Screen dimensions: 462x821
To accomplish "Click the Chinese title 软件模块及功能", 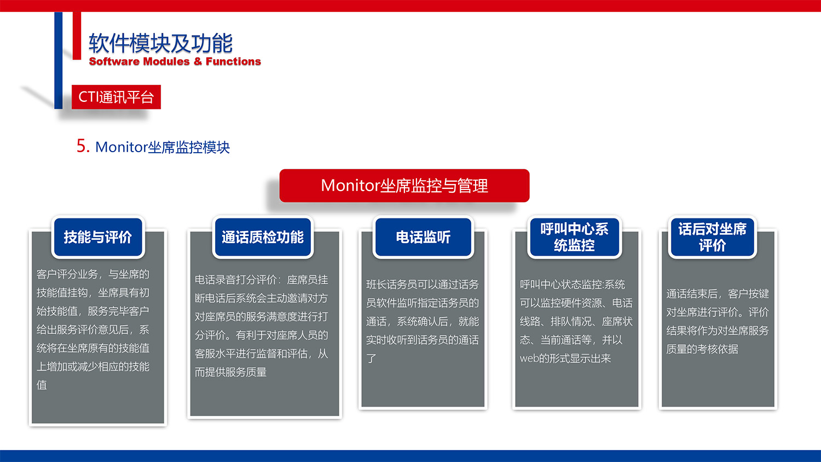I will [160, 43].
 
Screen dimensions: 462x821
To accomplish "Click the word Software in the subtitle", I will [114, 61].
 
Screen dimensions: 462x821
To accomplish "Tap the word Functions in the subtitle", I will [233, 61].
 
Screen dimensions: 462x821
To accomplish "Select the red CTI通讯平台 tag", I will [116, 97].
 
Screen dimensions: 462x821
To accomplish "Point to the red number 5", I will [83, 146].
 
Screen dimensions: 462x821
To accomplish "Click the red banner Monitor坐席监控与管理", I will [404, 186].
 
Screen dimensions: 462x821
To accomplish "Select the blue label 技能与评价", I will [97, 237].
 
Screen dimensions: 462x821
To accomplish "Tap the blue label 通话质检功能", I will [262, 237].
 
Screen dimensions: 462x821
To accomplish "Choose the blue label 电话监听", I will [423, 237].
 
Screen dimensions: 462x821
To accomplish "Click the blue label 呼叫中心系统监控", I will [574, 237].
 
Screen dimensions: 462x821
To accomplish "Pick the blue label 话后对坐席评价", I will [712, 237].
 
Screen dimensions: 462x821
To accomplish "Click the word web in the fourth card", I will [529, 359].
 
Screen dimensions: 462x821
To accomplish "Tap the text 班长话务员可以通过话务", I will [422, 285].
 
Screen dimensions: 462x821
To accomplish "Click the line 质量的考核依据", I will [702, 349].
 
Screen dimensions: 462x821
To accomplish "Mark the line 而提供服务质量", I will [230, 372].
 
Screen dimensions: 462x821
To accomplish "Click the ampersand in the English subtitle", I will [198, 61].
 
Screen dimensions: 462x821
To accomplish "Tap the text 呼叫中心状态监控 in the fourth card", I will [556, 285].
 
